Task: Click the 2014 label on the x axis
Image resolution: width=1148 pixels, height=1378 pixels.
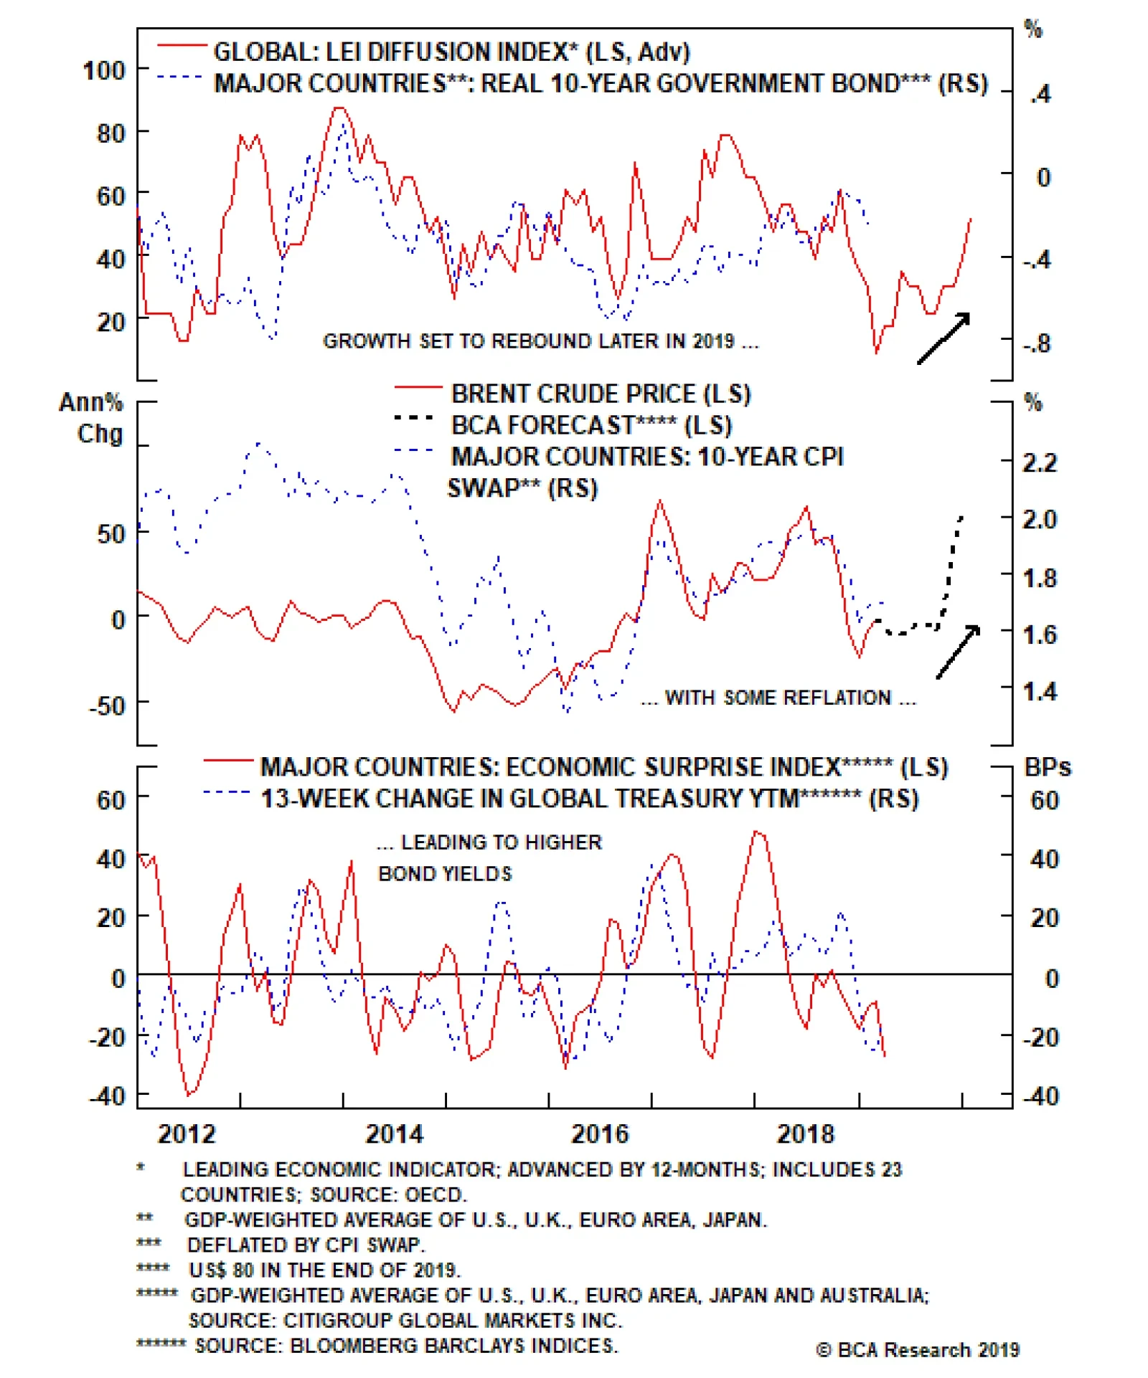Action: point(394,1134)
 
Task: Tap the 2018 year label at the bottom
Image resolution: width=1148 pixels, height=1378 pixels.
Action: point(805,1134)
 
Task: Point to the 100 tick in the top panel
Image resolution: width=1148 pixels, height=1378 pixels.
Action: point(104,70)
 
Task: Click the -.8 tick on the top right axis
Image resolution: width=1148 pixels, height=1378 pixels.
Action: point(1037,343)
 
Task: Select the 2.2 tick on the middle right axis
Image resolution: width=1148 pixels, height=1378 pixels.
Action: point(1040,462)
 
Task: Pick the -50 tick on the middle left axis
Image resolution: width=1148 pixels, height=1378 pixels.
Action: point(108,705)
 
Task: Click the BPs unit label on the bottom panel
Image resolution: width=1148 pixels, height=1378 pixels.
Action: point(1047,767)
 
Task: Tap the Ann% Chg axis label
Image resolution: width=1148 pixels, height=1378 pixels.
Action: point(92,417)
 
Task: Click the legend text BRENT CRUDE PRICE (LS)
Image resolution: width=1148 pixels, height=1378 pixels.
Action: point(601,394)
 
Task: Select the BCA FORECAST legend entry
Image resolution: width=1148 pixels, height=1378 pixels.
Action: point(591,425)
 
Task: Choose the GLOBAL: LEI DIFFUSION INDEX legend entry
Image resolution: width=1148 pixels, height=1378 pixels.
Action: point(451,52)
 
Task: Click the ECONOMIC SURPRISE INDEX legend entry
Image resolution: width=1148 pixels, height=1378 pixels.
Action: point(603,767)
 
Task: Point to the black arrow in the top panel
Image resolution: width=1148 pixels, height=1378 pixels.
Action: point(944,338)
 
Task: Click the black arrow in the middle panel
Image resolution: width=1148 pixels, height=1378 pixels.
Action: point(958,651)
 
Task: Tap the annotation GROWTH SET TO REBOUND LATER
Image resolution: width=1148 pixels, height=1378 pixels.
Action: point(540,341)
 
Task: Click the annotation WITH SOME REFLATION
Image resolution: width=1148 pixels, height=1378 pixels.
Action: point(778,698)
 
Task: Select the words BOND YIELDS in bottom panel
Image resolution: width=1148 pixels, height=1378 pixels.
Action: point(445,873)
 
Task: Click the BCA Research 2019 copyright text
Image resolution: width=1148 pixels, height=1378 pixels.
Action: point(918,1350)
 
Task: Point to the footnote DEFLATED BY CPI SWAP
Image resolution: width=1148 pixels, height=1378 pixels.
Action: point(306,1245)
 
